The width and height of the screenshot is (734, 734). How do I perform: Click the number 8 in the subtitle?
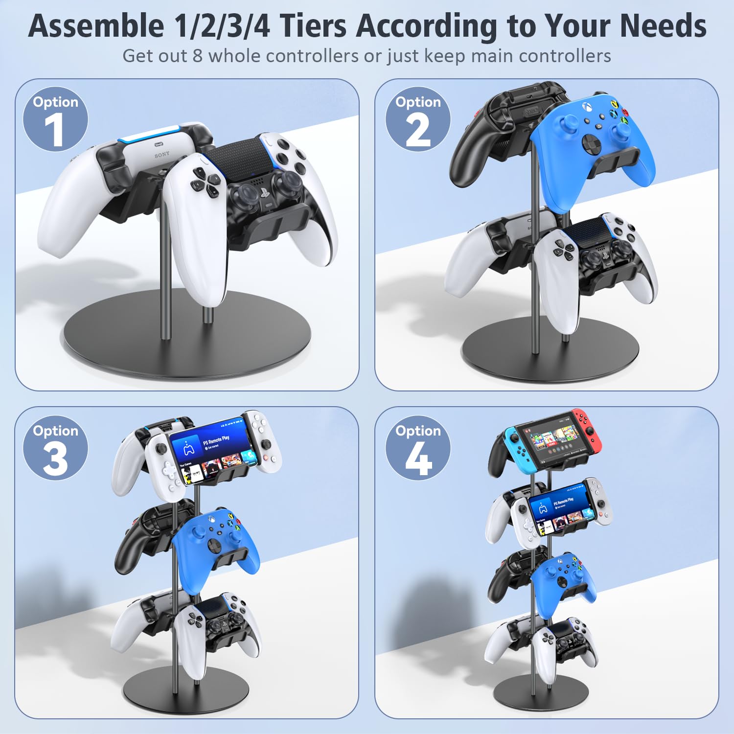click(x=197, y=56)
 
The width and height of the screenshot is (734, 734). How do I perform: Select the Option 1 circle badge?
click(x=55, y=119)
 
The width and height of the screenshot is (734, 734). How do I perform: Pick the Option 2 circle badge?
click(x=418, y=119)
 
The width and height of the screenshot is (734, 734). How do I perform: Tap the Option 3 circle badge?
click(x=55, y=448)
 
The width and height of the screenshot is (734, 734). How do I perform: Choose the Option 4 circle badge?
click(x=418, y=448)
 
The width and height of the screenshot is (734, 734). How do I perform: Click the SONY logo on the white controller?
click(x=162, y=155)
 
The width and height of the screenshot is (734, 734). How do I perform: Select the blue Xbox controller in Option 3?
click(x=215, y=543)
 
